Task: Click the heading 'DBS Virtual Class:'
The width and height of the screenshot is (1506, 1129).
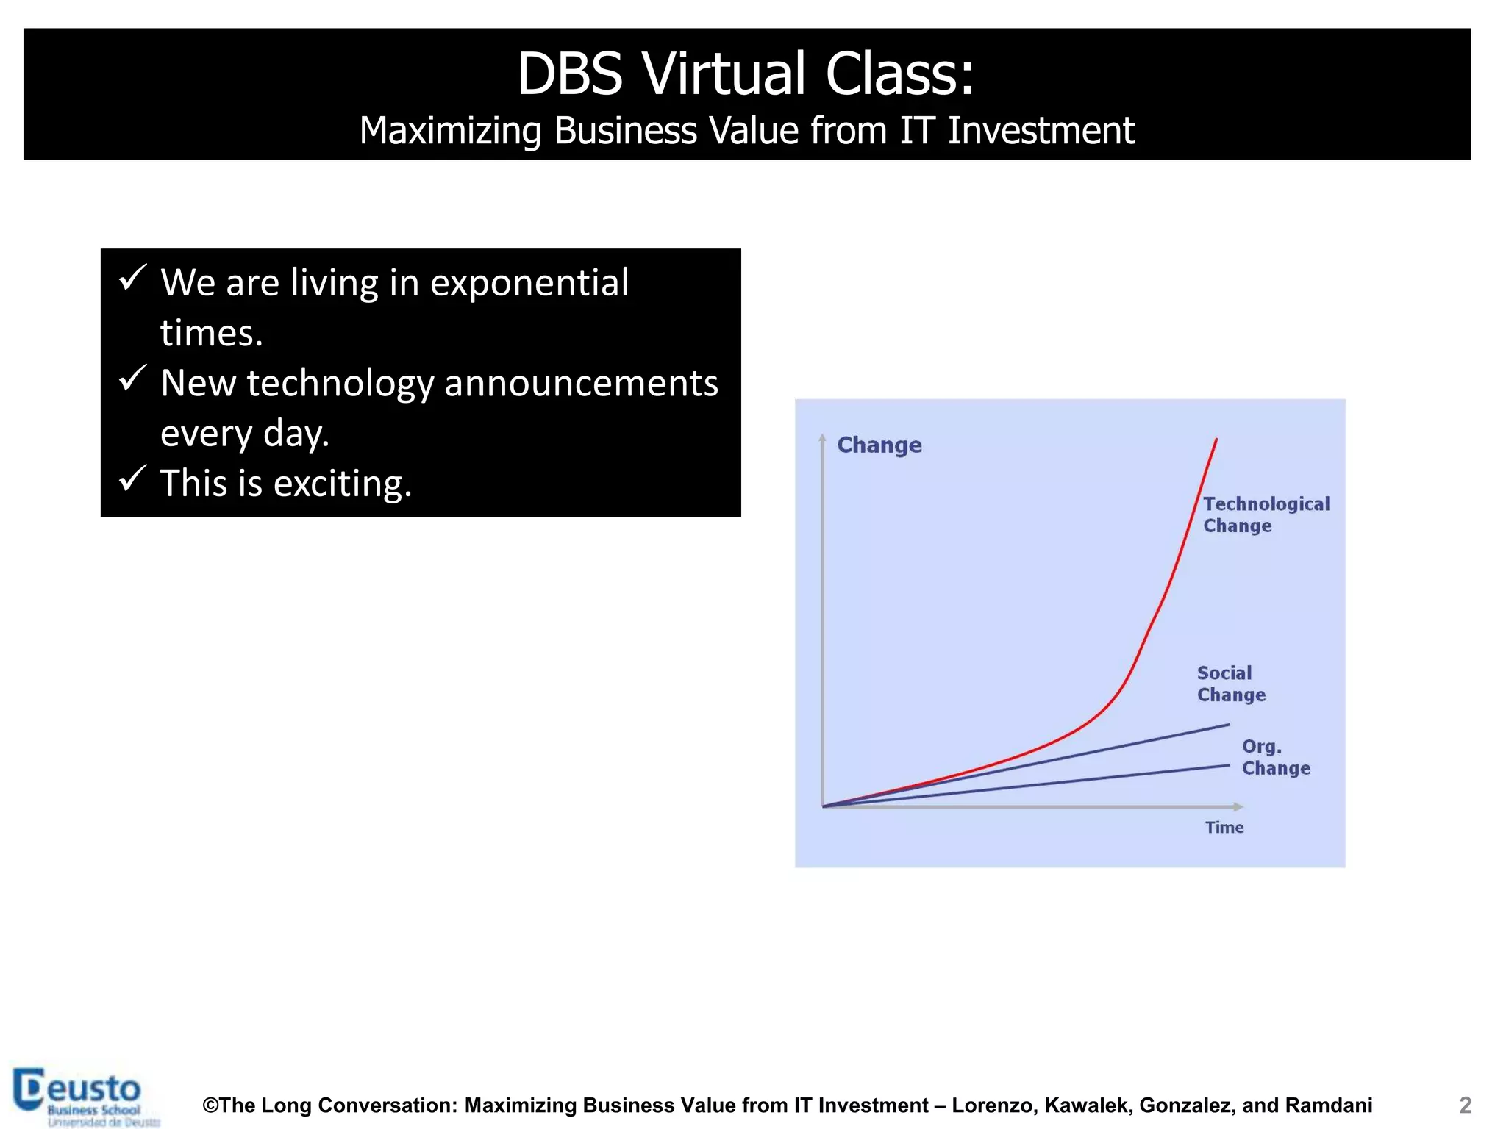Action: coord(746,74)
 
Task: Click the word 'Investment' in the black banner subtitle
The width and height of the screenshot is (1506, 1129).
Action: coord(1041,131)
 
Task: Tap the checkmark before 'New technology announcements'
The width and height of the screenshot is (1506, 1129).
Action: coord(133,379)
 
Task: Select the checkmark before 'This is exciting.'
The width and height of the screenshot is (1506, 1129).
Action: coord(133,479)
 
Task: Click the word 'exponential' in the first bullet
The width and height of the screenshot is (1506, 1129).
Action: coord(529,283)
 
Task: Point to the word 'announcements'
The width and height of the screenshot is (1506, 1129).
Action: coord(581,384)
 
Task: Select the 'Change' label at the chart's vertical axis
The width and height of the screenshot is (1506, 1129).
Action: coord(879,445)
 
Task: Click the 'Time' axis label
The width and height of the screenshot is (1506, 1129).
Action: coord(1224,828)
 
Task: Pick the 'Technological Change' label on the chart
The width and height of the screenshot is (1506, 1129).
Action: coord(1266,515)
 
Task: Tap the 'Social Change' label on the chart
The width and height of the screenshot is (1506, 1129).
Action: coord(1230,684)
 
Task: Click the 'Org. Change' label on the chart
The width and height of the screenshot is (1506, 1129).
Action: coord(1275,757)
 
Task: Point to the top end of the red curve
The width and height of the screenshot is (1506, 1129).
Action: coord(1216,440)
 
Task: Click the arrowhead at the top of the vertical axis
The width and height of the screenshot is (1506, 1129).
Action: coord(822,437)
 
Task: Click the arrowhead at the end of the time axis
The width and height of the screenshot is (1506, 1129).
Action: coord(1239,807)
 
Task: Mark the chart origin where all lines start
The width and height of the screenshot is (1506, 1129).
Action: coord(823,806)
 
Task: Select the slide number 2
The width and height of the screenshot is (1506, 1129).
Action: coord(1465,1105)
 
